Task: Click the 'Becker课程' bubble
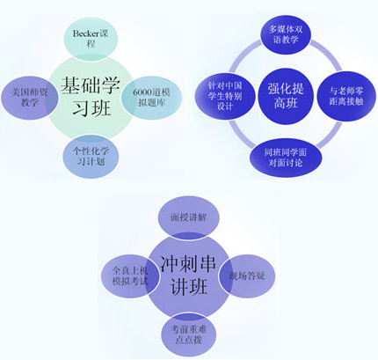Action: click(91, 38)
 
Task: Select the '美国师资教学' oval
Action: click(29, 98)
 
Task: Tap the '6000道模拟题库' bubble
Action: click(151, 98)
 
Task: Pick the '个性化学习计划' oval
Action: click(91, 157)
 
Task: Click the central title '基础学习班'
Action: click(91, 97)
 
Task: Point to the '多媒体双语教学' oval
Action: click(286, 34)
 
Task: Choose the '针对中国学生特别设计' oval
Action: click(225, 96)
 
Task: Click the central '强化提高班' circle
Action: click(286, 96)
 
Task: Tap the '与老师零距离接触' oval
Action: click(346, 96)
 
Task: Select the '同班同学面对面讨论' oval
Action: click(286, 158)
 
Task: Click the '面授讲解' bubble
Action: click(189, 217)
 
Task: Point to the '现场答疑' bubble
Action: click(247, 276)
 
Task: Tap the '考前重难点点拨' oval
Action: click(189, 334)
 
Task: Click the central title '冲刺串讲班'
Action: click(188, 275)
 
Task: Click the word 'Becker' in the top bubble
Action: click(85, 33)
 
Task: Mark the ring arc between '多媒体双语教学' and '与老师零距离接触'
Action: click(328, 56)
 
